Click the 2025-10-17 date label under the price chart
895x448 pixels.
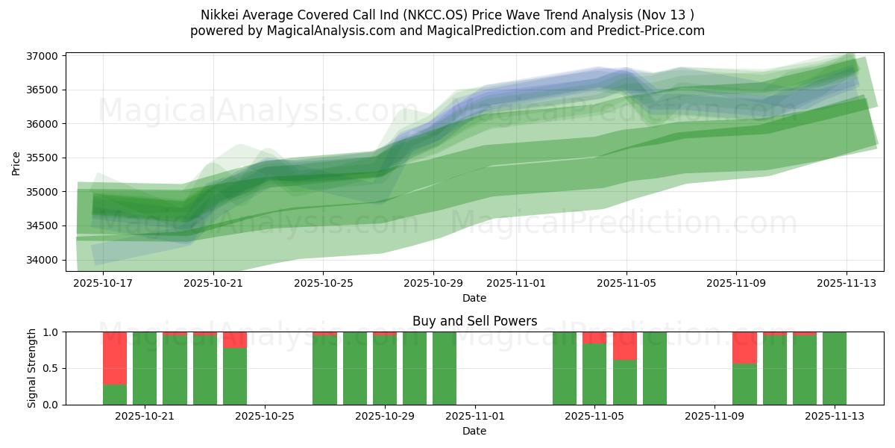[103, 284]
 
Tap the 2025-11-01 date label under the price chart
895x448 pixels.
[515, 284]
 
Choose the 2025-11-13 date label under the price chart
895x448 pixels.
[846, 284]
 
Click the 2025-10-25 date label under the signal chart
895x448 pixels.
[265, 417]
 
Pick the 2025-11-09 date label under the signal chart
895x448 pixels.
[715, 417]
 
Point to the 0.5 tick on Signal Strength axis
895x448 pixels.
[52, 368]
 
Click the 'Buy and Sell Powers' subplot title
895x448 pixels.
[474, 321]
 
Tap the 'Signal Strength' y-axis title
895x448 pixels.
[31, 368]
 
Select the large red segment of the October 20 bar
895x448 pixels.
[115, 358]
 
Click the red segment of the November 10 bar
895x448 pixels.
[744, 347]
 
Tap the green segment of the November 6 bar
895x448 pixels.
[624, 382]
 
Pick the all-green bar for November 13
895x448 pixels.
[835, 368]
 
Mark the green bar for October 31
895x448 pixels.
[445, 368]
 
